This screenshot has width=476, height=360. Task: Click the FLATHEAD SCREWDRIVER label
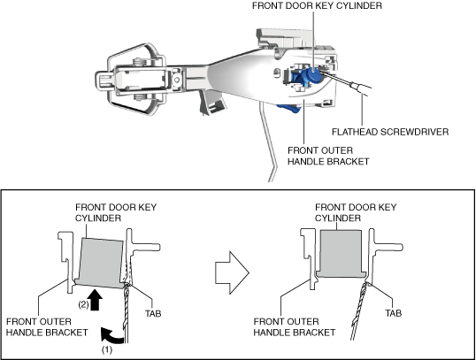click(x=390, y=132)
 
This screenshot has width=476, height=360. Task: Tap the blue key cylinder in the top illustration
click(x=312, y=74)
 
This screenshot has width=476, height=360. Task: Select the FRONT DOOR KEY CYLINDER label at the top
click(x=317, y=5)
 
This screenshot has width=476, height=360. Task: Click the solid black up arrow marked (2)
click(x=96, y=300)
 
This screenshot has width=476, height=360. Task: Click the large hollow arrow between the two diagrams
click(x=232, y=272)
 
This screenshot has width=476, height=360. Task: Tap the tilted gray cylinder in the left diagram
click(x=101, y=263)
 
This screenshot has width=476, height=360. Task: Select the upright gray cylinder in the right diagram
click(x=341, y=254)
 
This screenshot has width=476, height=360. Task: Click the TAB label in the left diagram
click(x=153, y=313)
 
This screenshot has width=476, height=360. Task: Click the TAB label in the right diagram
click(x=394, y=313)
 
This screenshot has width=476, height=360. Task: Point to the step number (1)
click(x=106, y=349)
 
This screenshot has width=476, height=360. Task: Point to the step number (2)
click(x=83, y=304)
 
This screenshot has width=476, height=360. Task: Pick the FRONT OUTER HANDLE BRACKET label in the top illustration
click(x=328, y=156)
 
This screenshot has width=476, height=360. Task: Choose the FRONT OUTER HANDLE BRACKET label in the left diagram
click(x=47, y=327)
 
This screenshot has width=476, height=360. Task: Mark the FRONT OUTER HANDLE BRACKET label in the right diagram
click(x=294, y=327)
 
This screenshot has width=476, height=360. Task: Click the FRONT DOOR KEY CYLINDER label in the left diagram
click(x=116, y=212)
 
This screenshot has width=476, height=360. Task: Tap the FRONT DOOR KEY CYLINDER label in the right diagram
click(x=356, y=212)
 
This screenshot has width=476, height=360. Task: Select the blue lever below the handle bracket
click(x=288, y=109)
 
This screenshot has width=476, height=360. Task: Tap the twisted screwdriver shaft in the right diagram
click(x=359, y=311)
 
